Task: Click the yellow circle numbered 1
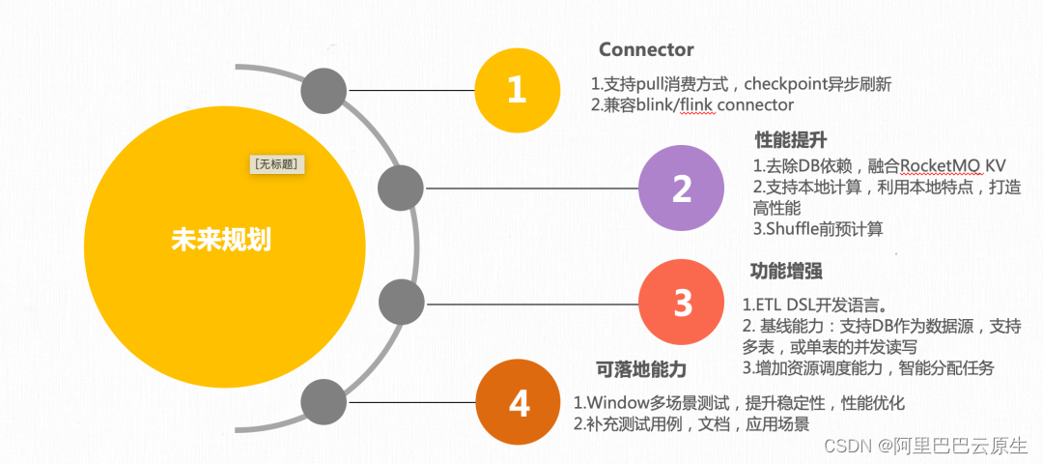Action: tap(518, 90)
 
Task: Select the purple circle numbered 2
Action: tap(682, 188)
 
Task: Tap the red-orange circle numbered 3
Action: tap(682, 303)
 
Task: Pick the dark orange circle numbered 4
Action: tap(519, 402)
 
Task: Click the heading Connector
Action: tap(646, 49)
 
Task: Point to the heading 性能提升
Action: tap(790, 140)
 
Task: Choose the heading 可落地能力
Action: tap(640, 369)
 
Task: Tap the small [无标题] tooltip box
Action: tap(278, 164)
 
